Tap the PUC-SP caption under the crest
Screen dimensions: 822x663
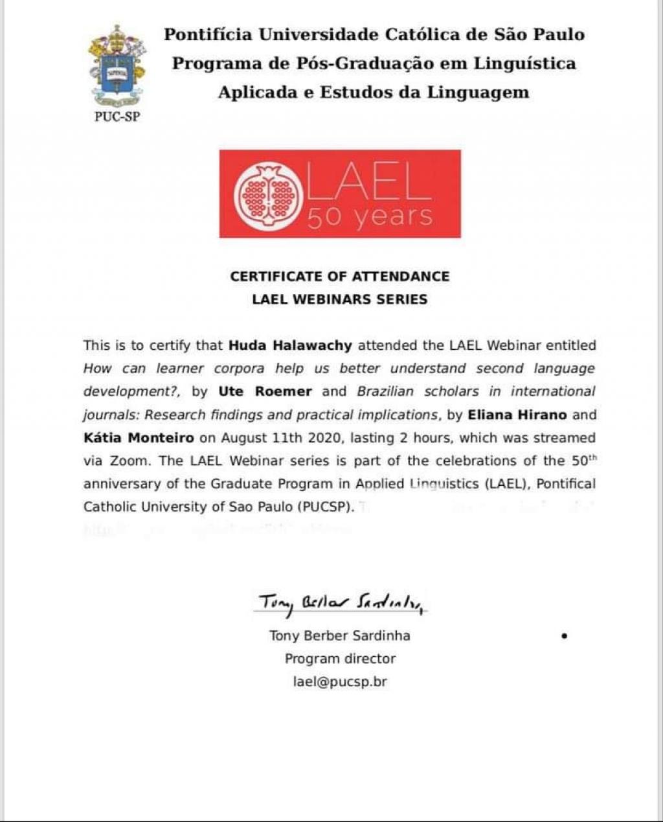117,117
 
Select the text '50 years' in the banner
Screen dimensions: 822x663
369,216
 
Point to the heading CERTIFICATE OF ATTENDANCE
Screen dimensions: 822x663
339,277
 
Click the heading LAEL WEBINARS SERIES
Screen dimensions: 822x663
339,299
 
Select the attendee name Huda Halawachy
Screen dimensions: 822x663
290,345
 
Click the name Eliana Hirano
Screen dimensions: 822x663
517,415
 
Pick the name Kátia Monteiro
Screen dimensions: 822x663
139,438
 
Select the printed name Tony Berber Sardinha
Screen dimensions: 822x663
339,635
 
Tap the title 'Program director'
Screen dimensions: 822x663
340,659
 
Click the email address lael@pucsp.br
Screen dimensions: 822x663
340,682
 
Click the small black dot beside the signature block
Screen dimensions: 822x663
565,636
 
